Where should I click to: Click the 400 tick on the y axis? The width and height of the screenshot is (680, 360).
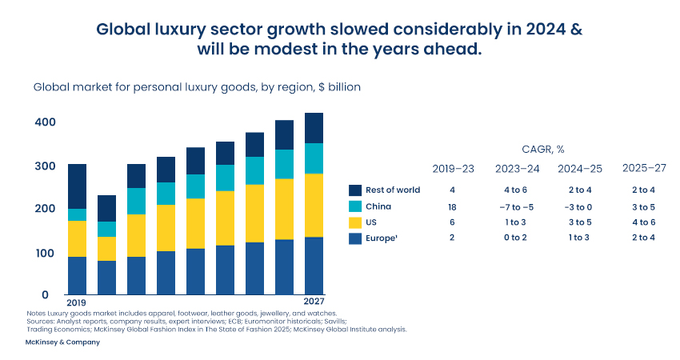(45, 122)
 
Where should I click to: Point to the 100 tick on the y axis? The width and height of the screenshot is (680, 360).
(45, 253)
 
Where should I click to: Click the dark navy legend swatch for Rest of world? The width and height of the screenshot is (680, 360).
(357, 190)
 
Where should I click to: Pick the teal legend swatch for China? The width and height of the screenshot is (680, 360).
(357, 206)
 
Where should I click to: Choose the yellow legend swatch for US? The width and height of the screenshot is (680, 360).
(357, 222)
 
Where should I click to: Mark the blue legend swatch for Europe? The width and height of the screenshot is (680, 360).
(357, 238)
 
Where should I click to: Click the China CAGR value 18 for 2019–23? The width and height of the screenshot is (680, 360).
(452, 206)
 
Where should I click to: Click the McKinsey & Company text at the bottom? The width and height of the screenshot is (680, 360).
(63, 342)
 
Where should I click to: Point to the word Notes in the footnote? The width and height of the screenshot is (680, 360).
(36, 313)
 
